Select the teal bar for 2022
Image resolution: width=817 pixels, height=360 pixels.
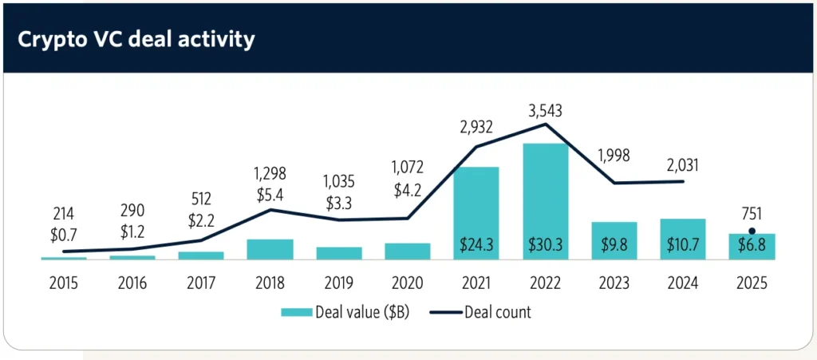point(545,200)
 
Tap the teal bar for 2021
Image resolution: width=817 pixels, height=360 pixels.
point(476,212)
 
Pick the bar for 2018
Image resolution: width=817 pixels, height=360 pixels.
point(270,249)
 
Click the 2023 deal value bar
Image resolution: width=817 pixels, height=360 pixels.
point(614,239)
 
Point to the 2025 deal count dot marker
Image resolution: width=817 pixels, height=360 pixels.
point(751,231)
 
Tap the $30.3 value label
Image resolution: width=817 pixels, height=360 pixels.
point(545,246)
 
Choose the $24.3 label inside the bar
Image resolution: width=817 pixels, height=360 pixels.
point(476,246)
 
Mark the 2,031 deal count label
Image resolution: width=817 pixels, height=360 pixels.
point(683,164)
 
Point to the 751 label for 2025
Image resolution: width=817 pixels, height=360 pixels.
point(751,213)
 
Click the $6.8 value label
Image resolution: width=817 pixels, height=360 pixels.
point(751,246)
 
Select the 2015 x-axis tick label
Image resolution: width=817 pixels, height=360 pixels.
point(64,283)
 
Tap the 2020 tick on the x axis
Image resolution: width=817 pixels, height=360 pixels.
point(408,283)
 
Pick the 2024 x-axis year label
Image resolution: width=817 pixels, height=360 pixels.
point(683,283)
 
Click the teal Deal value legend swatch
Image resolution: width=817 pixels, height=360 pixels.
point(296,312)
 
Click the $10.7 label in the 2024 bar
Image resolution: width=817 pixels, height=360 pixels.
point(683,246)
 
